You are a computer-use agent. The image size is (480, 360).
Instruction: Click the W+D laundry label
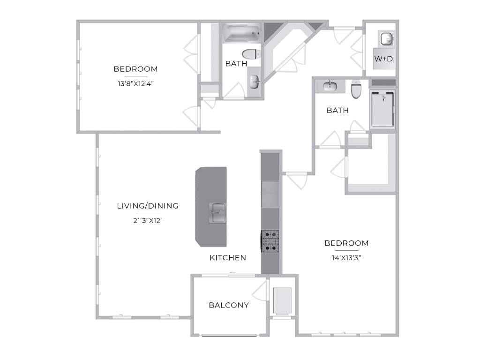coord(383,59)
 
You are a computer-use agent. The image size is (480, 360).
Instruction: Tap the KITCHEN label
coord(228,258)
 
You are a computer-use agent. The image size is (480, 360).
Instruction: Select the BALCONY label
coord(229,305)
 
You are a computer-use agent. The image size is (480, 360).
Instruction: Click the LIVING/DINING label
coord(148,206)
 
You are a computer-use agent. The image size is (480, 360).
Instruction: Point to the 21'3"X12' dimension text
coord(148,220)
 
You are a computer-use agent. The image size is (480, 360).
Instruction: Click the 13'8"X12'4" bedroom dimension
coord(135,83)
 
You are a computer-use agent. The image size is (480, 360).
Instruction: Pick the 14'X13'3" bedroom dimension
coord(346,258)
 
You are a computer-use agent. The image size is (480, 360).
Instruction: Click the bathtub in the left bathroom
coord(242,33)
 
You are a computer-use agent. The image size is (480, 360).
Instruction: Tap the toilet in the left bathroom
coord(251,54)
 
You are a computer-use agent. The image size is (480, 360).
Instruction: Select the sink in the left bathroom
coord(255,82)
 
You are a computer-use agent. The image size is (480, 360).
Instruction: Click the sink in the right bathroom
coord(330,86)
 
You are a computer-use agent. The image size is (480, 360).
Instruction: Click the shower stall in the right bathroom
coord(382,109)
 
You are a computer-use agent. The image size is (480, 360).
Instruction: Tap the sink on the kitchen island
coord(217,212)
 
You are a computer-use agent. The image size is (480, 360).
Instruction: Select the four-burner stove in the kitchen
coord(270,241)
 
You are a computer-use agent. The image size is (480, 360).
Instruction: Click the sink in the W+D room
coord(387,38)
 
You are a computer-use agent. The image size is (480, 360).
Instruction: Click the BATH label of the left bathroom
coord(236,64)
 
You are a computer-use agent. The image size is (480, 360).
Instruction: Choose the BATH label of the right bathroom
coord(337,110)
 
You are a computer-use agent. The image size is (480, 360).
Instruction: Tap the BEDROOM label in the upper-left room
coord(135,69)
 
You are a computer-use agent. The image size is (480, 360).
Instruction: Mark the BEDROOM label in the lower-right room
coord(346,243)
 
